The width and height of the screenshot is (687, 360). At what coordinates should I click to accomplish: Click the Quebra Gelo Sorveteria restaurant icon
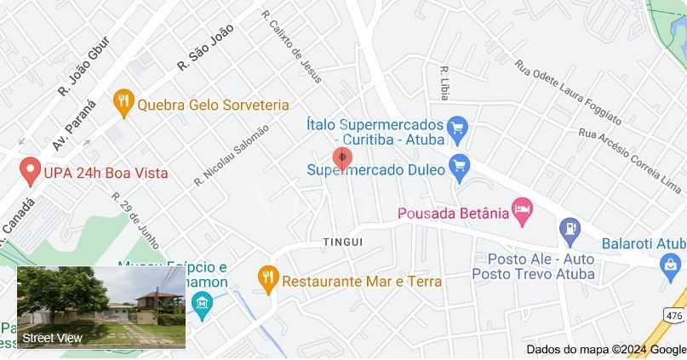coord(124,104)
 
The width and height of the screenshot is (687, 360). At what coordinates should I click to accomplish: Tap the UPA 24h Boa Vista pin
coord(31,171)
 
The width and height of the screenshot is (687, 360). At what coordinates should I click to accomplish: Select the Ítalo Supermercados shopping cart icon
coord(458,129)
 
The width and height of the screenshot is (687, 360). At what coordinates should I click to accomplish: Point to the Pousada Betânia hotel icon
coord(522,211)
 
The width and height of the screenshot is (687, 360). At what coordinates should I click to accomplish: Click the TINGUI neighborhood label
coord(343,243)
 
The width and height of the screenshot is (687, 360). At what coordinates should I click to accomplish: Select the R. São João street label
coord(205,47)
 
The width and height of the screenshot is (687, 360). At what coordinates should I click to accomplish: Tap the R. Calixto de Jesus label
coord(292,47)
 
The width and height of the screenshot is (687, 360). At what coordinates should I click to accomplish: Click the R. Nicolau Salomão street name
coord(231,154)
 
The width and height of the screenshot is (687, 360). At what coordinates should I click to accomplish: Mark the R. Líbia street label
coord(444,83)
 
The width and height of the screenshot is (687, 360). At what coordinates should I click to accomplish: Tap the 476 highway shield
coord(674,316)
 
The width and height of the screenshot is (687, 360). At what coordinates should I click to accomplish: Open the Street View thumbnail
coord(101,307)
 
